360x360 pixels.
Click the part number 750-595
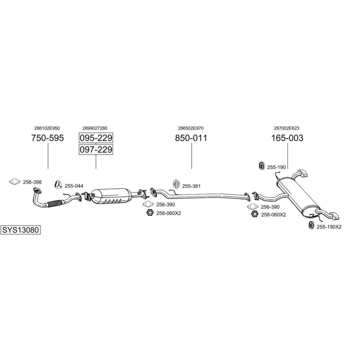click(x=47, y=138)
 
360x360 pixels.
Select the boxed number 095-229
click(x=95, y=138)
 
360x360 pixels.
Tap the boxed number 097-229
click(x=95, y=149)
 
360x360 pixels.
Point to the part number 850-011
click(x=191, y=138)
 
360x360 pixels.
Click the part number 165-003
click(x=287, y=138)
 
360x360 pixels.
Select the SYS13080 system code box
click(x=20, y=230)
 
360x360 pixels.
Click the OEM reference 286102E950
click(x=47, y=128)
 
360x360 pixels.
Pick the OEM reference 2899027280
click(x=95, y=128)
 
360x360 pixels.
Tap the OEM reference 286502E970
click(x=191, y=128)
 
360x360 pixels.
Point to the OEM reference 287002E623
click(x=287, y=128)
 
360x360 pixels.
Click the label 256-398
click(x=32, y=182)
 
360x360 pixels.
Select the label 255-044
click(x=74, y=186)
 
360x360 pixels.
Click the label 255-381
click(x=192, y=186)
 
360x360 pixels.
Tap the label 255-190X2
click(x=329, y=227)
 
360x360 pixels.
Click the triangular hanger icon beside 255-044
click(x=58, y=184)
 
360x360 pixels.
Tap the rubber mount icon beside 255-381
click(x=175, y=183)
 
